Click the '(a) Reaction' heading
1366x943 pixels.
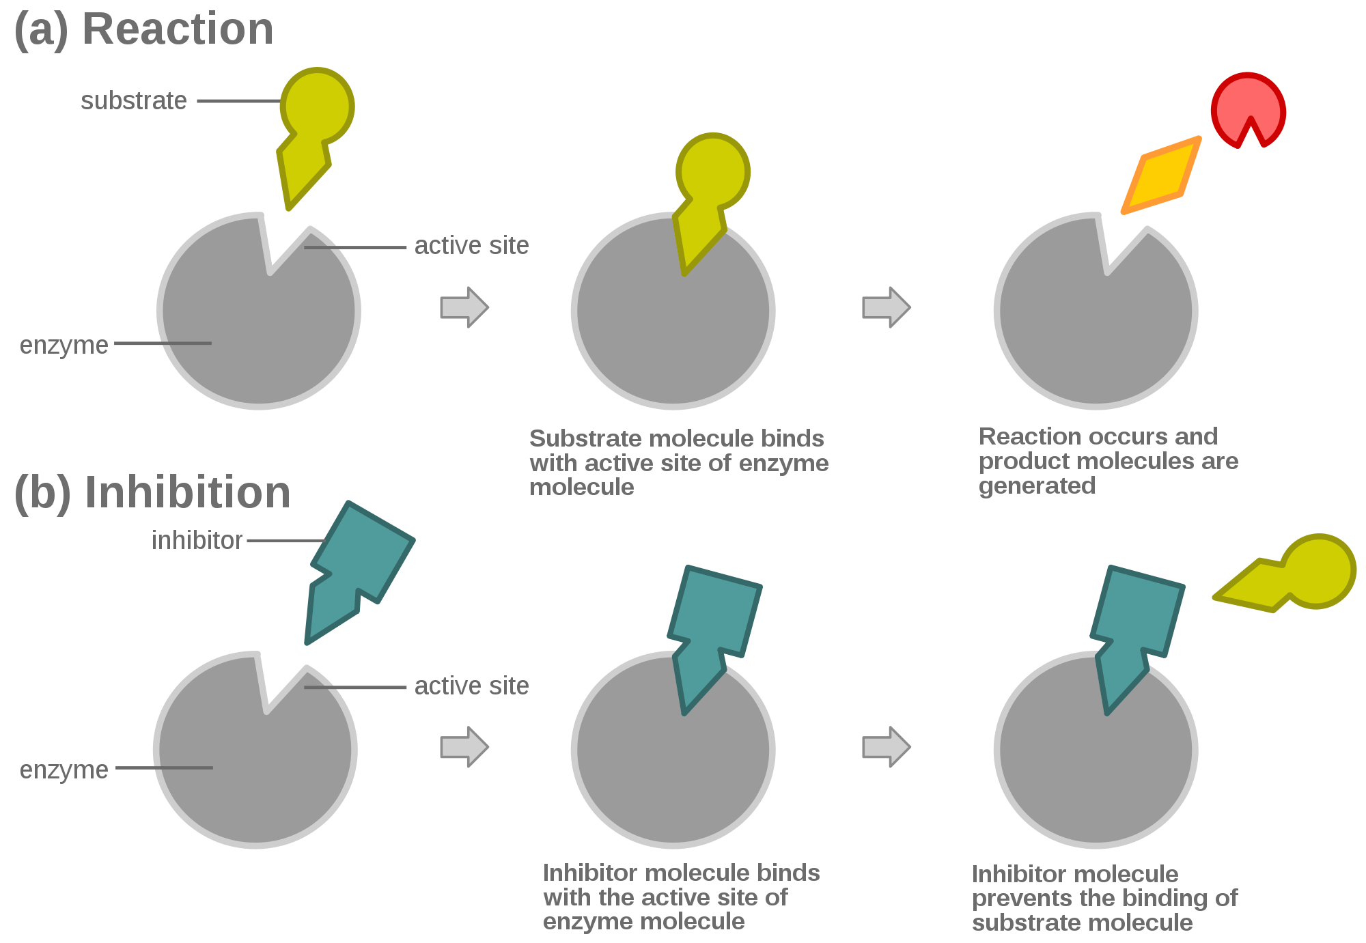pos(144,30)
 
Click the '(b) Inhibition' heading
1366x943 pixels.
pos(152,492)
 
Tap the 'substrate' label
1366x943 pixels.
pos(134,101)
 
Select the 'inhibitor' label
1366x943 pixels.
pos(197,540)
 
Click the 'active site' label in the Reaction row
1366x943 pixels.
pos(471,246)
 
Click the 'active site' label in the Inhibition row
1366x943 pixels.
pos(471,686)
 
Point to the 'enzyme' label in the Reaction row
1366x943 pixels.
pos(64,346)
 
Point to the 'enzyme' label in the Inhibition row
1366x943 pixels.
pos(64,770)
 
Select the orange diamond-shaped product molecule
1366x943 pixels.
pos(1161,175)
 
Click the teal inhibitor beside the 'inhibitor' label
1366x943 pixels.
pos(359,572)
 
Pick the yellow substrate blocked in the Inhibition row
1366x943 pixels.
pos(1285,573)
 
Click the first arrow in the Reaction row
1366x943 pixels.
pos(464,307)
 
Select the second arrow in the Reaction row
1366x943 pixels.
pos(887,307)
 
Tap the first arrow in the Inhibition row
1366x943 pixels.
pos(464,747)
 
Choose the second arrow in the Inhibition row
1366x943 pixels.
pos(887,747)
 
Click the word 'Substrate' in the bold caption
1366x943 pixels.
pos(586,438)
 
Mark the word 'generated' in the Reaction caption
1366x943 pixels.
pos(1037,486)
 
